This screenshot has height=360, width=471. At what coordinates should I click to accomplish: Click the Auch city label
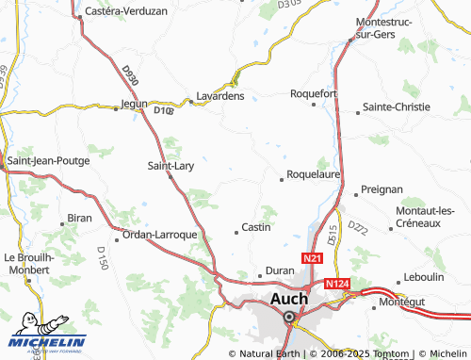pos(289,299)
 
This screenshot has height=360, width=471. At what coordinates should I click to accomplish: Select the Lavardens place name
pos(219,95)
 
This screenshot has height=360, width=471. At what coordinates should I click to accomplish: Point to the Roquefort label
pos(314,93)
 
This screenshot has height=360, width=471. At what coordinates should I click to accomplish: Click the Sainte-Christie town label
pos(402,106)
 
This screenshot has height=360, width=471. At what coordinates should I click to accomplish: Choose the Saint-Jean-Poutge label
pos(48,160)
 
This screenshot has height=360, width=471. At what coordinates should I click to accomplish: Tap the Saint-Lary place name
pos(171,166)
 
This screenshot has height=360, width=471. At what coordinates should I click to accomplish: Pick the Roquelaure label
pos(313,173)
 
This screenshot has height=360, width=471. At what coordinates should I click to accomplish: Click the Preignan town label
pos(382,189)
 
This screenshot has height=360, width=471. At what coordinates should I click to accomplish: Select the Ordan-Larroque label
pos(159,234)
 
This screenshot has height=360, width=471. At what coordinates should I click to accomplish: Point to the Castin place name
pos(256,227)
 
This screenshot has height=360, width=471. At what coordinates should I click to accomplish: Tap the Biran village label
pos(79,219)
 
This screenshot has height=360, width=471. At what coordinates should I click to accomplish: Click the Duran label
pos(281,270)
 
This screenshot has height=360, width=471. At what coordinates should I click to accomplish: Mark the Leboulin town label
pos(423,277)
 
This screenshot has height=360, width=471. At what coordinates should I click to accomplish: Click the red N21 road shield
pos(313,257)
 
